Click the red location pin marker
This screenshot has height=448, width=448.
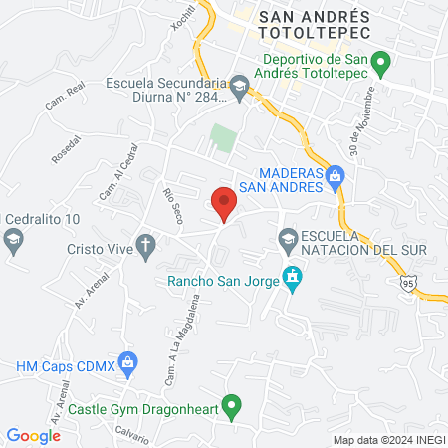click(225, 202)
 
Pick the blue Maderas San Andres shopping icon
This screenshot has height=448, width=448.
click(336, 178)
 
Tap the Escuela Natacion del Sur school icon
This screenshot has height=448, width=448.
click(287, 237)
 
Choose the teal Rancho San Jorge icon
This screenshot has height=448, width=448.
click(291, 278)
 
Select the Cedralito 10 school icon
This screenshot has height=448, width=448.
click(14, 239)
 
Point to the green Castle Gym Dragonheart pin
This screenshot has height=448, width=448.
click(231, 405)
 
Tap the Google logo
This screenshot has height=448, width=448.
click(34, 435)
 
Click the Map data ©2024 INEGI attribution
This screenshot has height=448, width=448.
click(387, 440)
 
